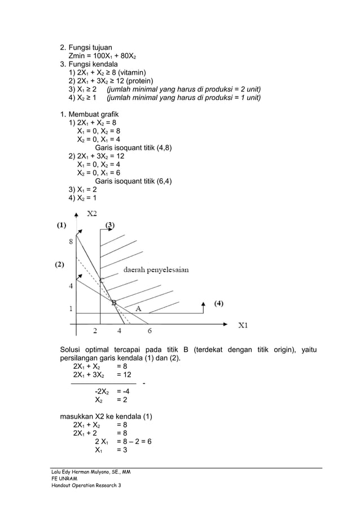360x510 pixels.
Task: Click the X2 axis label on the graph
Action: point(91,213)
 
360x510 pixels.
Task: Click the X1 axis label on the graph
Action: point(243,325)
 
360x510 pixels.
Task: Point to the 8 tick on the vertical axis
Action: point(71,241)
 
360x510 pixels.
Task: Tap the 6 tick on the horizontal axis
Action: point(150,330)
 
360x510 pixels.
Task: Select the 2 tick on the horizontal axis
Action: point(95,330)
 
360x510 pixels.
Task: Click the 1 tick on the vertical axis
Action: point(71,308)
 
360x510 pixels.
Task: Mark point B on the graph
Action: point(114,303)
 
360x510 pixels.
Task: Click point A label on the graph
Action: point(138,308)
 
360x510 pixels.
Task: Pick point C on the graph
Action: point(101,279)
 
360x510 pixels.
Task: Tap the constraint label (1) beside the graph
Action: point(60,224)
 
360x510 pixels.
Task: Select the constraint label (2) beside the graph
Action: point(59,264)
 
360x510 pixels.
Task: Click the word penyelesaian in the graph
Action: point(168,270)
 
